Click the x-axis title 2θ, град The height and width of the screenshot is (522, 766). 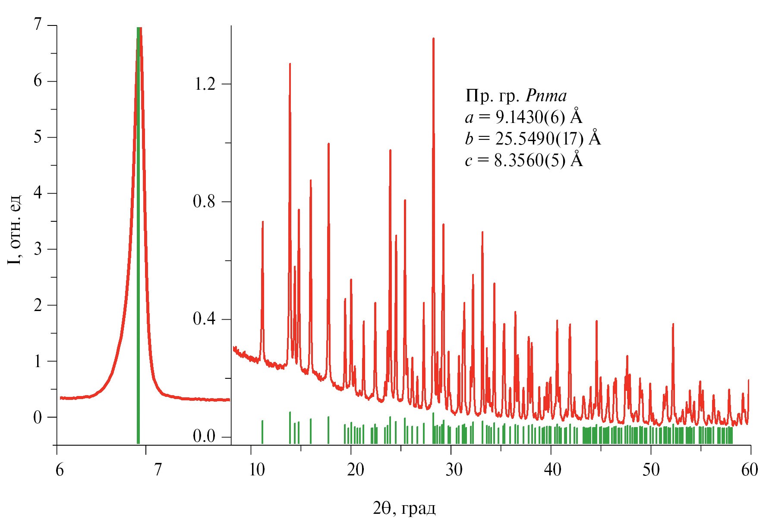(404, 509)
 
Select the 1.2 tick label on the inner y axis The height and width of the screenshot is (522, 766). (204, 84)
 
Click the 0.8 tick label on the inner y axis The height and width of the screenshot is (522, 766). (204, 202)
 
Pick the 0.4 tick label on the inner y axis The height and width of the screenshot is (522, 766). (204, 320)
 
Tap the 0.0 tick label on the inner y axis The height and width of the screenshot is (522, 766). (204, 437)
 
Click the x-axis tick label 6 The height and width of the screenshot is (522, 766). (60, 469)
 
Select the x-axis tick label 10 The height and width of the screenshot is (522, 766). (257, 469)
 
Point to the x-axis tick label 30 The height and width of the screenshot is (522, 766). (454, 469)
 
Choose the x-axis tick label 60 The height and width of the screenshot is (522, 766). (750, 469)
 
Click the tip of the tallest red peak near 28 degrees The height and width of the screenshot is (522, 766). (433, 39)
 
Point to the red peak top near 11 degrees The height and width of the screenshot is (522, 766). (262, 222)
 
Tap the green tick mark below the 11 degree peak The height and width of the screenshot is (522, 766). (262, 431)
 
